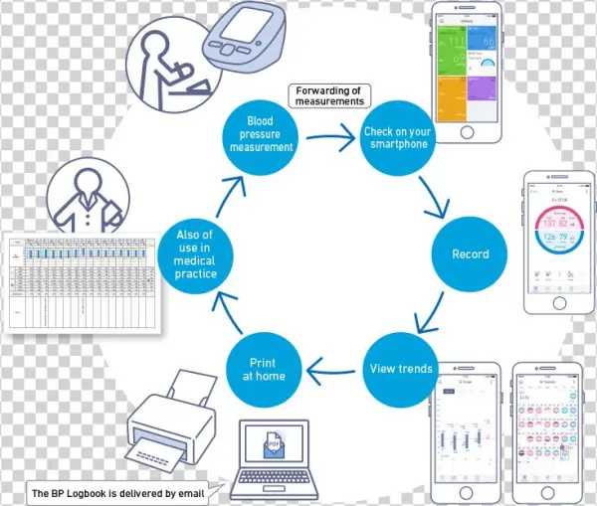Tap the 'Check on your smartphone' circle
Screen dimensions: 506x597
[x=395, y=137]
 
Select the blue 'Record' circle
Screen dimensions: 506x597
[x=470, y=253]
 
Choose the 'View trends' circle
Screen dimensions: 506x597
[x=401, y=369]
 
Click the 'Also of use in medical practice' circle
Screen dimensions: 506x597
[x=195, y=253]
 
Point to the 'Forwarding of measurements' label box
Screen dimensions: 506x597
[x=328, y=96]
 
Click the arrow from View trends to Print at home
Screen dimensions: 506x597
[x=332, y=370]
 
